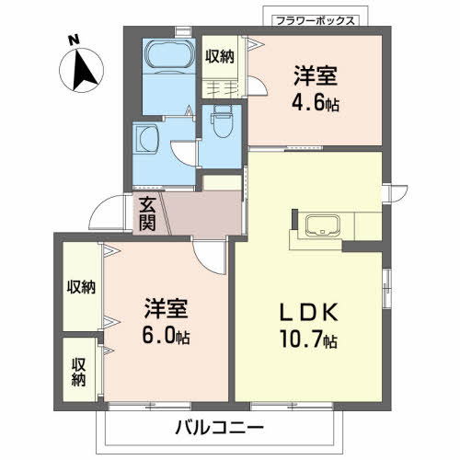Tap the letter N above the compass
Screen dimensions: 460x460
click(73, 38)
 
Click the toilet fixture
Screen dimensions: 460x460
click(221, 121)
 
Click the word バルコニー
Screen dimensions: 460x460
click(218, 428)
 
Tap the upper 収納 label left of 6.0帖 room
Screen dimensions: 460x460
click(80, 288)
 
